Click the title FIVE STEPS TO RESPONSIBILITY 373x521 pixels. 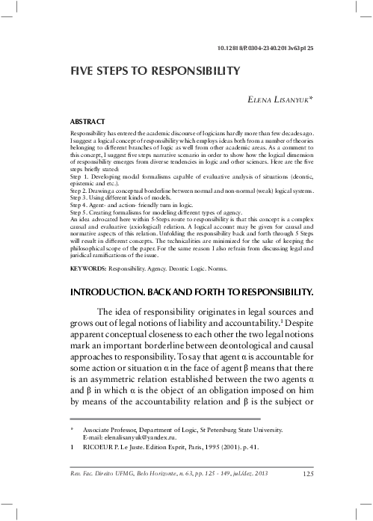pyautogui.click(x=154, y=72)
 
